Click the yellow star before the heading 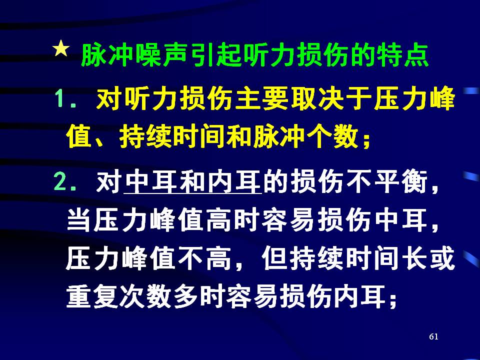(61, 48)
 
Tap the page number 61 (433, 336)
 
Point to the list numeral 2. (60, 182)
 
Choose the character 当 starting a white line (78, 220)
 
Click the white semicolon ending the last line (393, 300)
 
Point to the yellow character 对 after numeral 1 (108, 98)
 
